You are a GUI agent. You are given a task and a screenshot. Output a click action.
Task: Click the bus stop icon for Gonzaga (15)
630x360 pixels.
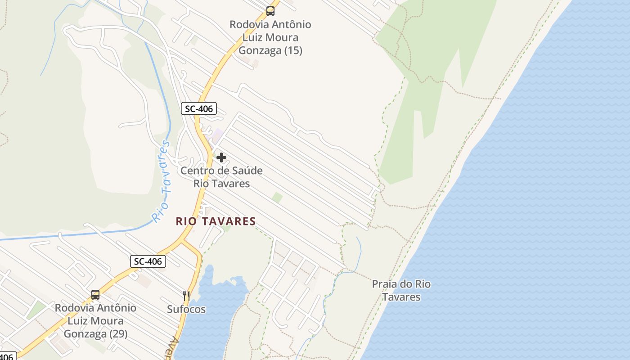click(270, 11)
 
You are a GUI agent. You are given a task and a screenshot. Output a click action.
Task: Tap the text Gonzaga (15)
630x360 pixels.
click(270, 50)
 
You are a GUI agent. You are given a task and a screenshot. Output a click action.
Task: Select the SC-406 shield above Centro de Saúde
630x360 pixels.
click(199, 108)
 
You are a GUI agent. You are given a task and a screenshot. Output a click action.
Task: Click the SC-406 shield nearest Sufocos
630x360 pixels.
click(148, 261)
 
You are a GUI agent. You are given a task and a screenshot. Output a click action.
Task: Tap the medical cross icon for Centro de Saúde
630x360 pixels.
click(221, 157)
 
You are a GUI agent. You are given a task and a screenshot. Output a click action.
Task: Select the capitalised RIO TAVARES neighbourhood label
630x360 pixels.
click(216, 221)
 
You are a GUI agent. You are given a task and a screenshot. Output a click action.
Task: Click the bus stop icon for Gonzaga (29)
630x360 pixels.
click(95, 295)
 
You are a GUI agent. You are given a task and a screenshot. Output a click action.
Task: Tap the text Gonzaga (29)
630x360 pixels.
click(95, 334)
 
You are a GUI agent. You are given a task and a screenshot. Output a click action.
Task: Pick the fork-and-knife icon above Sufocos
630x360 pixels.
click(186, 296)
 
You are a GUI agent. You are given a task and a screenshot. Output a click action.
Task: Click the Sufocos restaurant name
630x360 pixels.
click(186, 310)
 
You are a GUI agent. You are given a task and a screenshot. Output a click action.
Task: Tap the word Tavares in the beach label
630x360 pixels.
click(401, 297)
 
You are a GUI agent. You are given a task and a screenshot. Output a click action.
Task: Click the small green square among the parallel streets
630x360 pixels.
click(277, 198)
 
